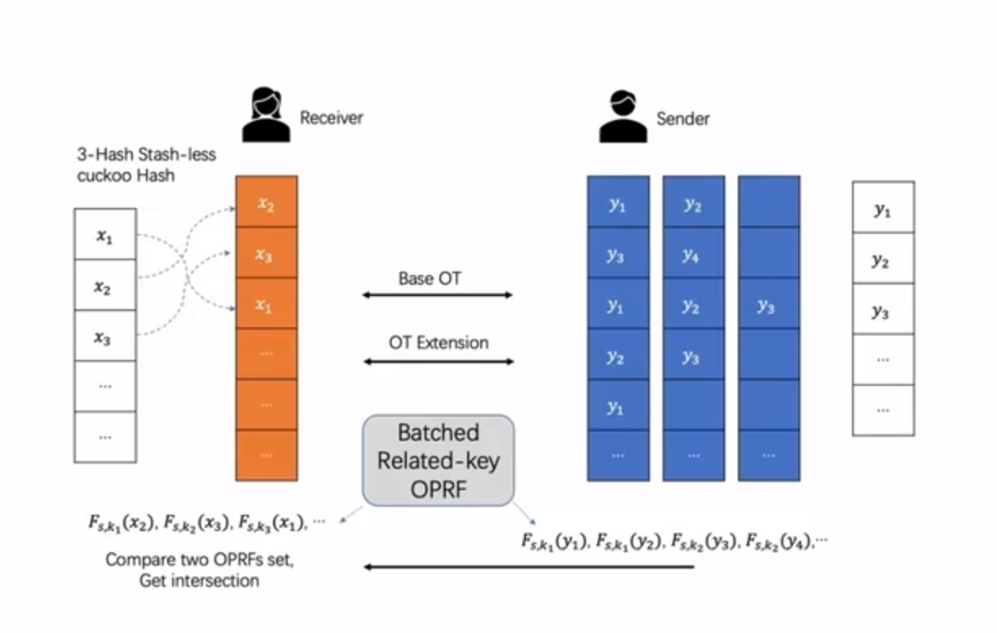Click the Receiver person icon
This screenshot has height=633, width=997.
[266, 117]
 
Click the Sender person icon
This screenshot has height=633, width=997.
[622, 117]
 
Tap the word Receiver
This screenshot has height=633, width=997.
[331, 117]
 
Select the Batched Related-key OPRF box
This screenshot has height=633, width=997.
[439, 459]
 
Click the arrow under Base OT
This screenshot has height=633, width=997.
[438, 294]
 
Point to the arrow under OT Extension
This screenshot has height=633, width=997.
[438, 361]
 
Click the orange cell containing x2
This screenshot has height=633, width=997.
[267, 202]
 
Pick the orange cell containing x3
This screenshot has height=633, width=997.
[267, 254]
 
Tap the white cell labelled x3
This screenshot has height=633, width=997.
[104, 336]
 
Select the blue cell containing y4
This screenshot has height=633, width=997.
[693, 254]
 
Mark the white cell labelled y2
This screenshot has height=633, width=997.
[883, 260]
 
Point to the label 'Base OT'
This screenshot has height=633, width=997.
[430, 278]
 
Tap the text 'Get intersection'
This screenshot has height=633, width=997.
[199, 581]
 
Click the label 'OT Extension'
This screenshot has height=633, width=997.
[439, 343]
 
